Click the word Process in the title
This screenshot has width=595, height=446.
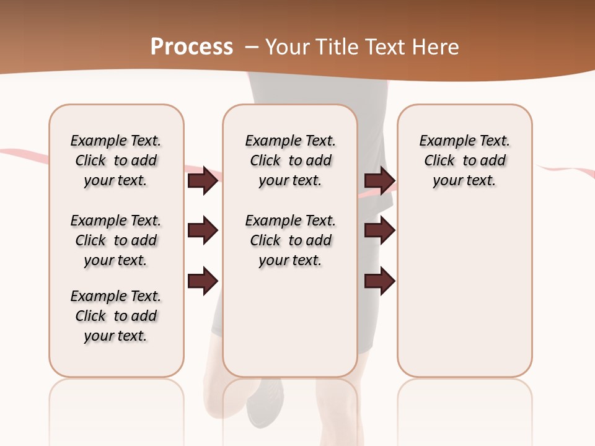tap(192, 47)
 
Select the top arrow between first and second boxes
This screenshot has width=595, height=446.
tap(203, 180)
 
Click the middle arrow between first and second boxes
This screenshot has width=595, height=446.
tap(203, 230)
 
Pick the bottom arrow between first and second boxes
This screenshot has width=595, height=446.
tap(203, 281)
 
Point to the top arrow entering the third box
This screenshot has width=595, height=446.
tap(379, 180)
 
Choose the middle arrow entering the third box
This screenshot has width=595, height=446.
tap(379, 230)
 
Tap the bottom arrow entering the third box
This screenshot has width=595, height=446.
tap(379, 281)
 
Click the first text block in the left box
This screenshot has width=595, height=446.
tap(116, 160)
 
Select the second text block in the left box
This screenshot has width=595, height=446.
tap(116, 240)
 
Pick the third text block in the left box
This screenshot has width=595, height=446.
tap(116, 316)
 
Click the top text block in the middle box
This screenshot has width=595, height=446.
tap(290, 160)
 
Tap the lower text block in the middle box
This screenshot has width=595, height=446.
tap(290, 240)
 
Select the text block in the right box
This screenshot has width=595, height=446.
tap(464, 160)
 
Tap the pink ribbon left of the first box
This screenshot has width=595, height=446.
tap(25, 153)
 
